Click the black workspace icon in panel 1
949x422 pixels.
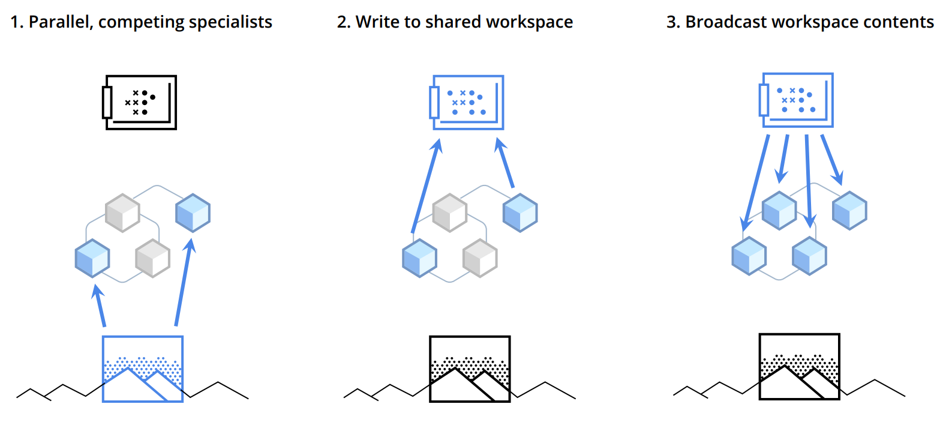(140, 102)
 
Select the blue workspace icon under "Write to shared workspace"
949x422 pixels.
(467, 102)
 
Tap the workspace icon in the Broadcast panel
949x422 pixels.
(797, 100)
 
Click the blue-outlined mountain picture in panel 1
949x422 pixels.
(143, 369)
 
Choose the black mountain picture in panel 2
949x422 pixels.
(470, 369)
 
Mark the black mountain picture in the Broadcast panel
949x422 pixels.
(799, 366)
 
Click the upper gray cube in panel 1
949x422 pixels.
(122, 213)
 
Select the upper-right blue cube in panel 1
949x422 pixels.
(193, 213)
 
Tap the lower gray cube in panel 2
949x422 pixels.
(480, 258)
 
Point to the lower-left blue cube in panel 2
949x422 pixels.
(419, 258)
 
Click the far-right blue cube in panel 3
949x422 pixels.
(849, 210)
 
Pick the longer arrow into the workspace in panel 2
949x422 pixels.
(427, 185)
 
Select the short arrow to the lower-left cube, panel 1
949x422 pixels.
(100, 306)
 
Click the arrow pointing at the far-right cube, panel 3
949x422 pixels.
(832, 160)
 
